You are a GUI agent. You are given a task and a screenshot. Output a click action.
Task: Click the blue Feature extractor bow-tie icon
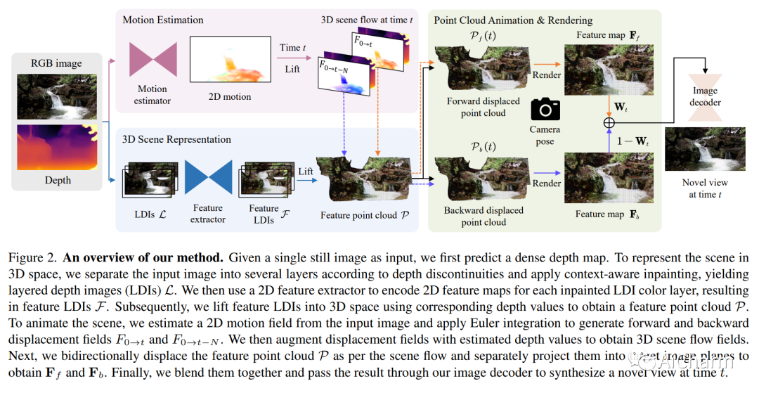(208, 176)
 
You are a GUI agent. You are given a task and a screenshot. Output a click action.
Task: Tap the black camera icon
(545, 109)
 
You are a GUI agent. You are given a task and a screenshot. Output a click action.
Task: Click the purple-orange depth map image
(57, 147)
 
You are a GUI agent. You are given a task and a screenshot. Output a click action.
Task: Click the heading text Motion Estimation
(164, 20)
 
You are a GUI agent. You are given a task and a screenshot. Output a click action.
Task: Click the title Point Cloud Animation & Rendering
(513, 20)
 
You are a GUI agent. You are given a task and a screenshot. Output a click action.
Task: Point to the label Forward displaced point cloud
(484, 107)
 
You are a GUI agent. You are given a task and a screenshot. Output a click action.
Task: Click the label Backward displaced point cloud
(484, 216)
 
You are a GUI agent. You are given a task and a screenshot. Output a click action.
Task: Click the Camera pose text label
(545, 135)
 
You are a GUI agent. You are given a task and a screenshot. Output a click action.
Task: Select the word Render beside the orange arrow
(546, 75)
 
